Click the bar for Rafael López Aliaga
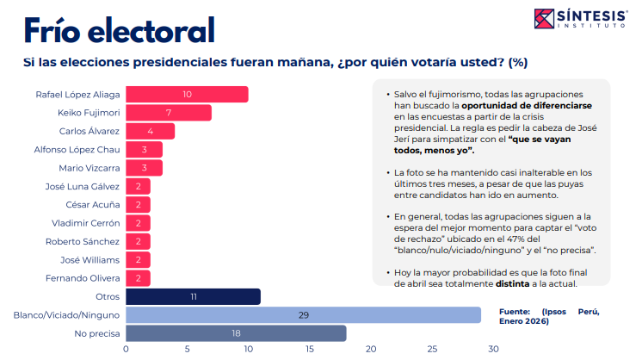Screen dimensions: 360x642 pos(187,94)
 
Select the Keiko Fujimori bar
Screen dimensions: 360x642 pos(169,113)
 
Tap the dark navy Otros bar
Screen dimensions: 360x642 pos(193,296)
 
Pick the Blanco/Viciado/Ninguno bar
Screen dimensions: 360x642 pos(303,315)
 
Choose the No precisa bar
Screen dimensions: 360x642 pos(236,333)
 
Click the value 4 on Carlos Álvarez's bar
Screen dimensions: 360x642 pos(151,131)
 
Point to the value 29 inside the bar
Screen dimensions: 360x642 pos(303,315)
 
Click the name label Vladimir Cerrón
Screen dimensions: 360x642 pos(84,223)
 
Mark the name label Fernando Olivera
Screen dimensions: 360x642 pos(84,278)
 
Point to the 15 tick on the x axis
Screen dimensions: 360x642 pos(310,350)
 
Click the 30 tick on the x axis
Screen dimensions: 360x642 pos(493,350)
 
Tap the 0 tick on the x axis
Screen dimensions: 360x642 pos(127,350)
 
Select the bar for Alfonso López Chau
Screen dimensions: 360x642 pos(145,149)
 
